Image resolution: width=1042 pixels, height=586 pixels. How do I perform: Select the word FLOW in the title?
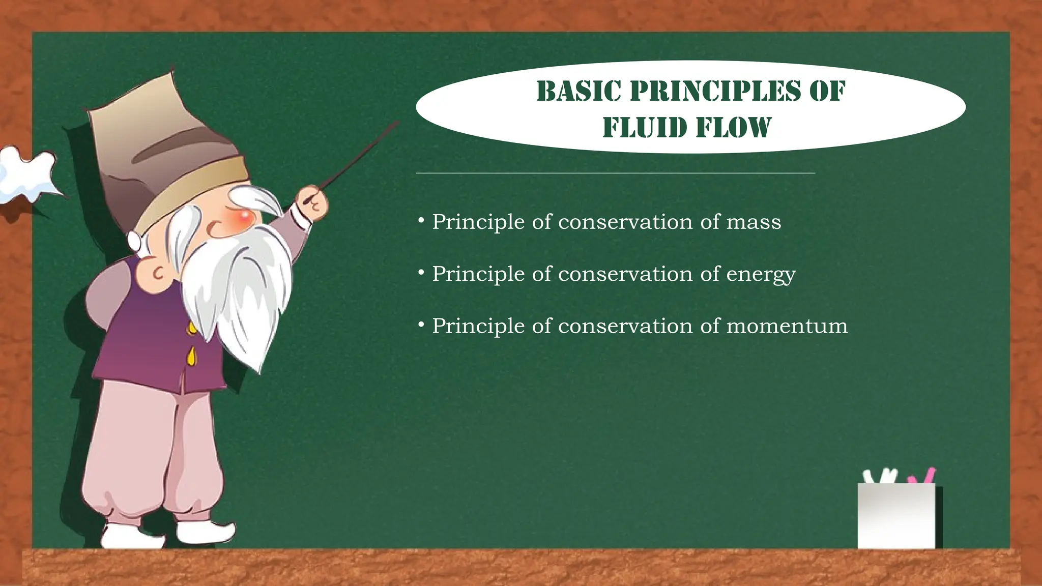pos(735,127)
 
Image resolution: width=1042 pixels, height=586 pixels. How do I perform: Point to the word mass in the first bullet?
pos(754,222)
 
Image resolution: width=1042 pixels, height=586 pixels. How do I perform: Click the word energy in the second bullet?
pos(761,275)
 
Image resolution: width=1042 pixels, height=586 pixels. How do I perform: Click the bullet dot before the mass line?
pos(421,221)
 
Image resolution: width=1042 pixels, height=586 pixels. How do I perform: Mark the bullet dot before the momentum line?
pos(421,324)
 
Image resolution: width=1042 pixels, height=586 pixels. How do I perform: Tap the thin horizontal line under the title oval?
pos(615,173)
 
